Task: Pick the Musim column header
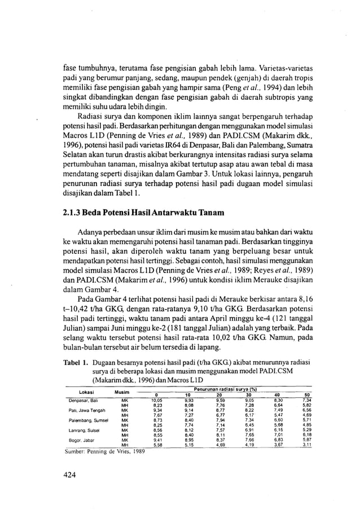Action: pyautogui.click(x=122, y=392)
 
